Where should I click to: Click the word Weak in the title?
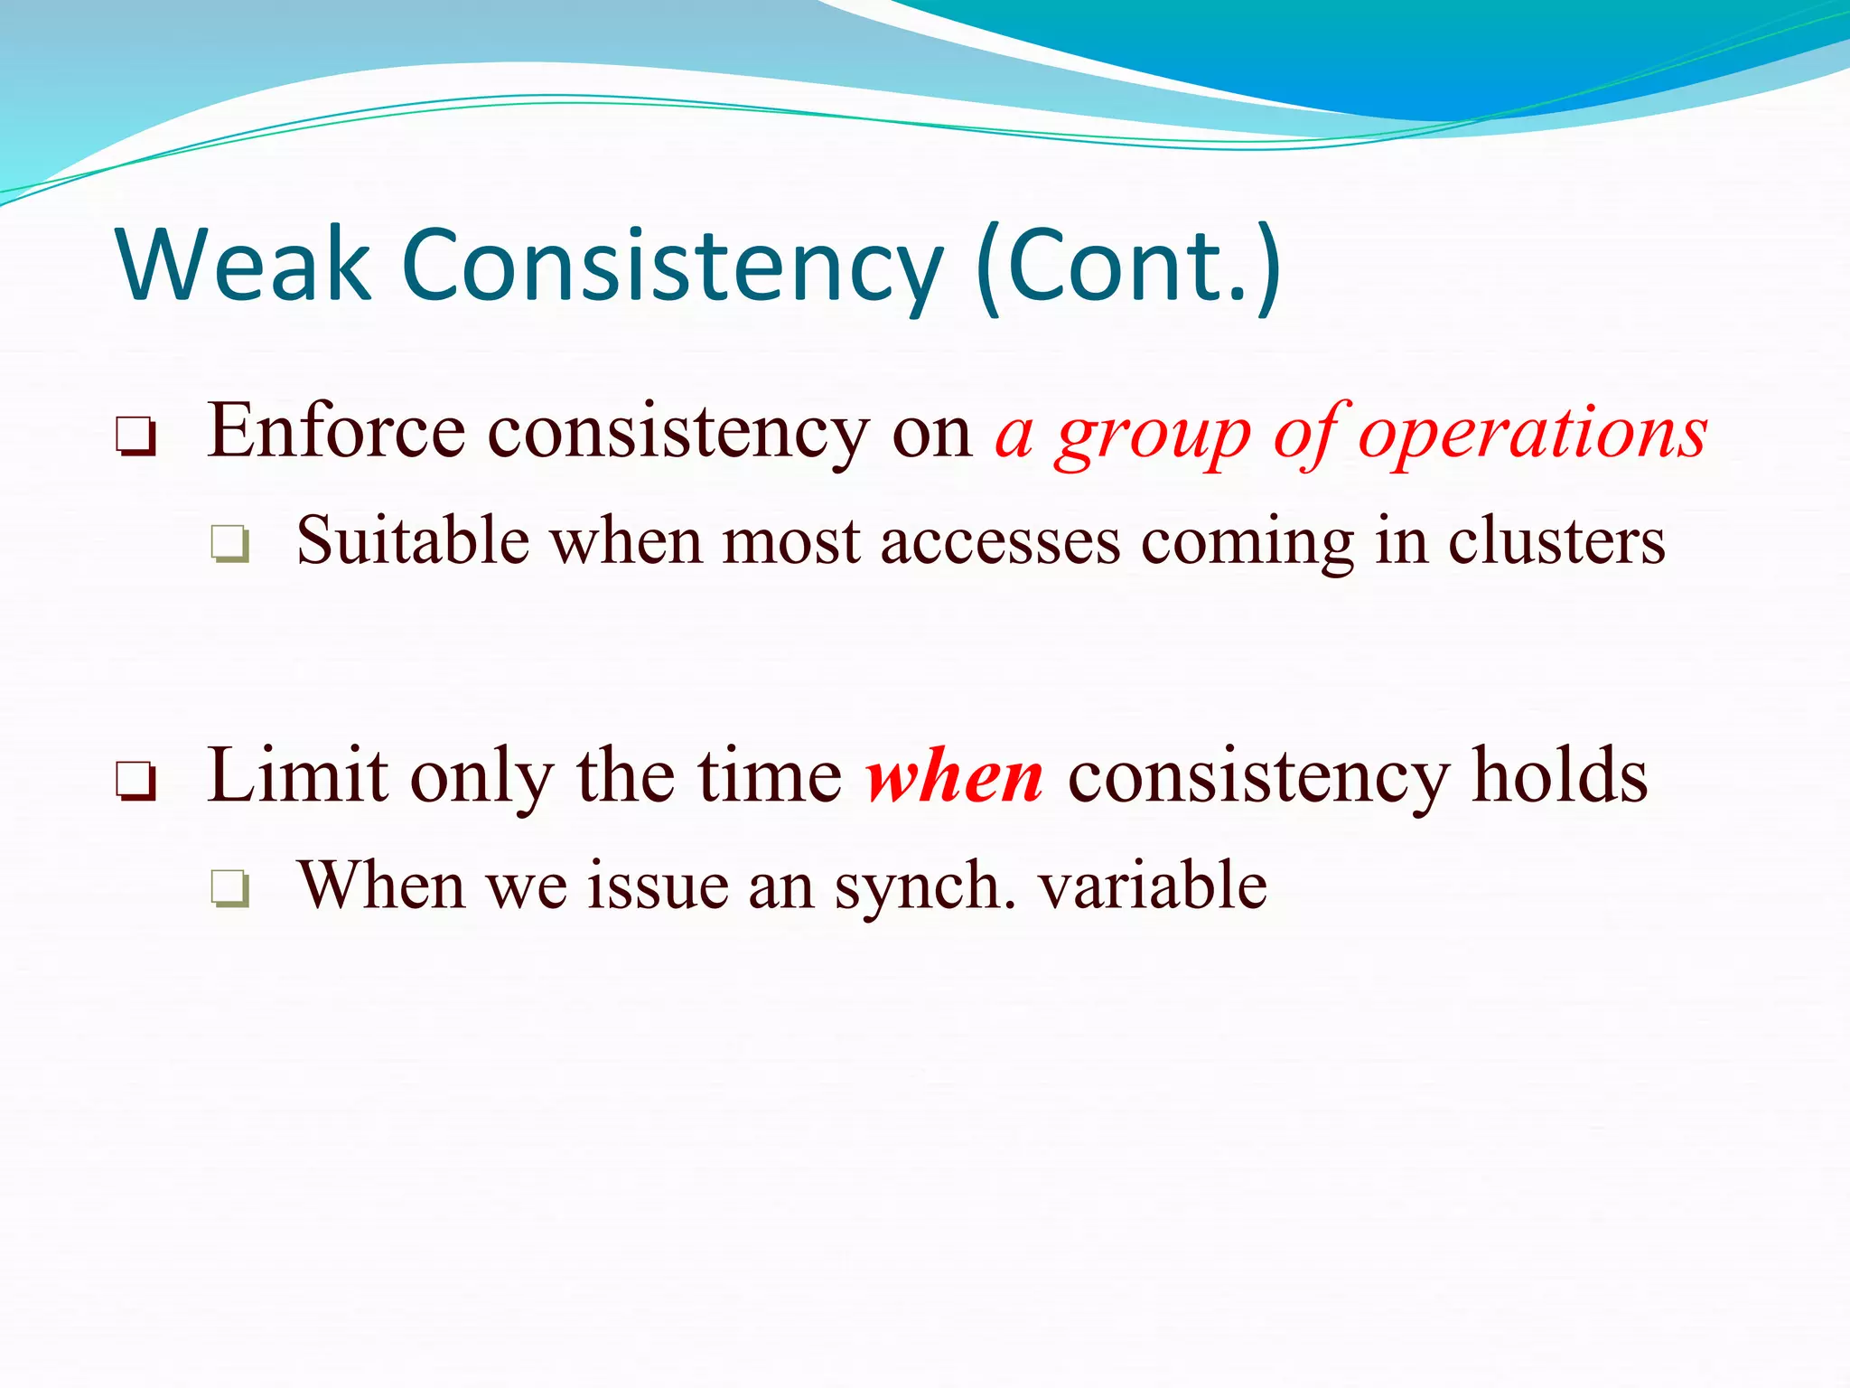pos(242,266)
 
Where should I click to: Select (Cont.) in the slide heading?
pos(1129,266)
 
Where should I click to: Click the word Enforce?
pos(336,432)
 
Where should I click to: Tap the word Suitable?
pos(413,541)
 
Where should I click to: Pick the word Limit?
pos(297,775)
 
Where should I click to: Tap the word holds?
pos(1560,775)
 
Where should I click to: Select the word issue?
pos(658,886)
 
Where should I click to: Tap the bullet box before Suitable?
pos(230,544)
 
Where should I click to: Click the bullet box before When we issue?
pos(230,887)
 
